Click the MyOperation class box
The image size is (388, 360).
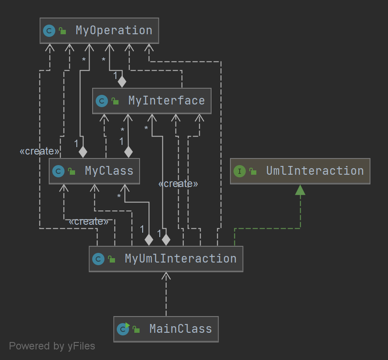(99, 31)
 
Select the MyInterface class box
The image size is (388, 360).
(152, 101)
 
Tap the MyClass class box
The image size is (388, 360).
(94, 171)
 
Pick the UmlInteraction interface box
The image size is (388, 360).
(300, 171)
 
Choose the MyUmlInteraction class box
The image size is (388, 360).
(166, 259)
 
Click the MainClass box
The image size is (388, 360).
(166, 329)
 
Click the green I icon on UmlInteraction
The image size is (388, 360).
(239, 171)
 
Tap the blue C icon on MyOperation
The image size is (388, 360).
(49, 31)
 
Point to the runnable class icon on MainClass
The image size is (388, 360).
(123, 329)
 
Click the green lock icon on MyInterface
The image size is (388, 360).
(115, 101)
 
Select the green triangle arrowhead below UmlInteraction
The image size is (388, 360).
(300, 190)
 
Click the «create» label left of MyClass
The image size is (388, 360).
(40, 151)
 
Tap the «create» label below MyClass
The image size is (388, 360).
(88, 221)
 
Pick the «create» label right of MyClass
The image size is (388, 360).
(178, 184)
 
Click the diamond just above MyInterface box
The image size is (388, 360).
(122, 81)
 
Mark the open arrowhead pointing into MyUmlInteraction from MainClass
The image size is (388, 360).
(166, 276)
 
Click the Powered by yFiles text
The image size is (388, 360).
(52, 346)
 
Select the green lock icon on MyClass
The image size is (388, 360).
(72, 172)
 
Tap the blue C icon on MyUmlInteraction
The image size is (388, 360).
(98, 259)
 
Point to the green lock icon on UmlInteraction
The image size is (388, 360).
(253, 172)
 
